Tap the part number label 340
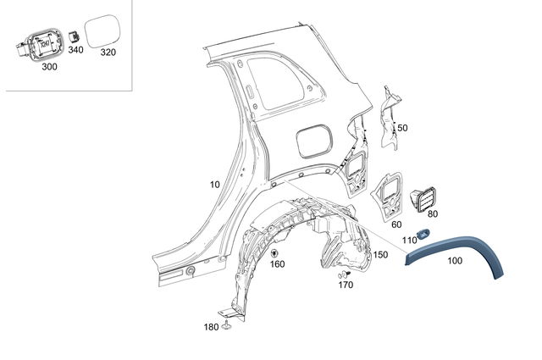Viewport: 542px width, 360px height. click(x=76, y=50)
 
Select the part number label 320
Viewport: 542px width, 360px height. click(x=108, y=51)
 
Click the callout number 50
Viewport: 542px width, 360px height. click(x=402, y=128)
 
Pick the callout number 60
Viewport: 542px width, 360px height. click(x=396, y=224)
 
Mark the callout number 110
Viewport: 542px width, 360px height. click(x=410, y=241)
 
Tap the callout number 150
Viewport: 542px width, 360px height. click(x=380, y=254)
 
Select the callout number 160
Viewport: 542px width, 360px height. click(x=277, y=263)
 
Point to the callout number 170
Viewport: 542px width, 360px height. click(x=346, y=285)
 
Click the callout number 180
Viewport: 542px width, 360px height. click(x=210, y=326)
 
